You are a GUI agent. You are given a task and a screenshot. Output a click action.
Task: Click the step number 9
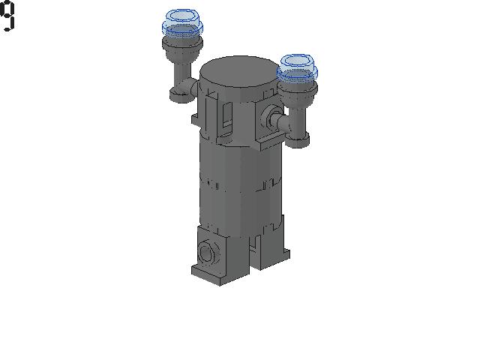tap(7, 16)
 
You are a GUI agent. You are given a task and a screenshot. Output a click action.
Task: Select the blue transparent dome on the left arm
tap(182, 22)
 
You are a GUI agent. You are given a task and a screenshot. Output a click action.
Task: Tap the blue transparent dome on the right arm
tap(297, 68)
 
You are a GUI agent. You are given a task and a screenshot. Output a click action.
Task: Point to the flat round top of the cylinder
tap(241, 72)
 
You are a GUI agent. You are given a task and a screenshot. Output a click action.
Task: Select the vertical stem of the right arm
tap(298, 120)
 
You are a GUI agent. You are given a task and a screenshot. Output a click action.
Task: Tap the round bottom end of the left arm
tap(181, 95)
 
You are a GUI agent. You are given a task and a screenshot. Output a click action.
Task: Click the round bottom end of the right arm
tap(297, 140)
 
